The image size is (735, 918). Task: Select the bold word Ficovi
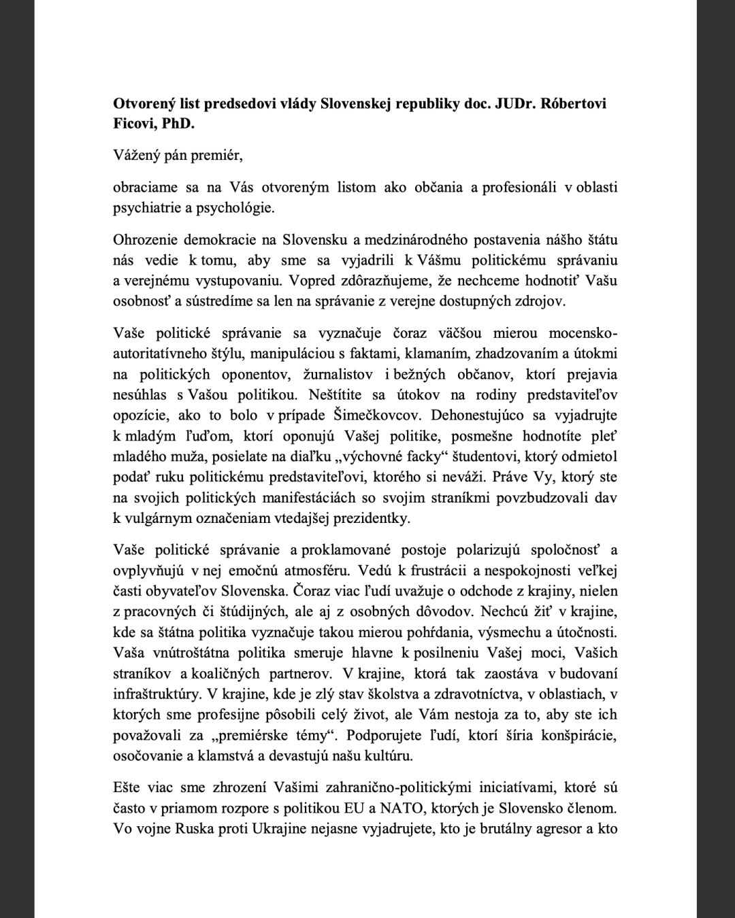(x=134, y=125)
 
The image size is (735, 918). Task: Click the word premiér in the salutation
(x=216, y=156)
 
